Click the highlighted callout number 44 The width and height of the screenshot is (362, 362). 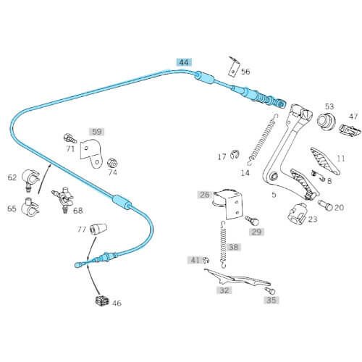(184, 62)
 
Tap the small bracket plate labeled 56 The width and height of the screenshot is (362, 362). (234, 67)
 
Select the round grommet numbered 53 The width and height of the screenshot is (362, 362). (326, 120)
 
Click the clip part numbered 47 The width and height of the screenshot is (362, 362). (350, 130)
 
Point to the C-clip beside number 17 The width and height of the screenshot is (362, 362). (234, 155)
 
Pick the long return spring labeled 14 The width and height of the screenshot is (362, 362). (263, 139)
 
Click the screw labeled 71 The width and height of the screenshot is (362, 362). (70, 138)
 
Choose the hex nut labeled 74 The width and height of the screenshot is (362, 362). (112, 164)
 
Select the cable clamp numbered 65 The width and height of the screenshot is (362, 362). (30, 207)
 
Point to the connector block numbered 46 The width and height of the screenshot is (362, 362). (102, 300)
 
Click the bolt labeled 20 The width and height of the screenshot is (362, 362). (325, 205)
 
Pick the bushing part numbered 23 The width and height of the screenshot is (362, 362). (297, 213)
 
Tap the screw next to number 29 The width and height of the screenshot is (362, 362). (252, 220)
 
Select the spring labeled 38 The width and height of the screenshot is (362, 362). (224, 244)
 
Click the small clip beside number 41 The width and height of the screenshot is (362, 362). (206, 260)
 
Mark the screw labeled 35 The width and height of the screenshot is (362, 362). (270, 290)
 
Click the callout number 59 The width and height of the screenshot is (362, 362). (97, 132)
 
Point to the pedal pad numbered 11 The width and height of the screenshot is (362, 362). (325, 161)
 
